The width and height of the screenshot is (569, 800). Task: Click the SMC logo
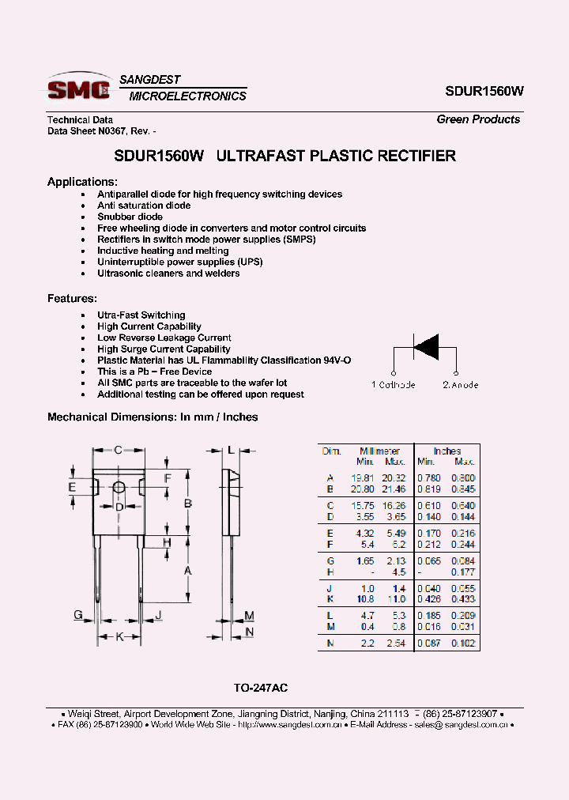[x=79, y=89]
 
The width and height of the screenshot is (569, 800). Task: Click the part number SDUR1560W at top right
[x=484, y=91]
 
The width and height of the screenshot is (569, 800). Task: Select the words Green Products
[x=478, y=119]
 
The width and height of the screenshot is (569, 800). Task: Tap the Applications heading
[x=82, y=182]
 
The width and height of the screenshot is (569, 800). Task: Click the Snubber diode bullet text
[x=130, y=217]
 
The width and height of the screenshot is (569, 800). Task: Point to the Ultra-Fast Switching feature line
[x=141, y=315]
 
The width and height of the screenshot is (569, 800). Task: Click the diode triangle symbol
[x=426, y=347]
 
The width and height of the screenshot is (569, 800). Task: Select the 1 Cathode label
[x=393, y=385]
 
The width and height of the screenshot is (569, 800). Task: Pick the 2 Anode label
[x=460, y=385]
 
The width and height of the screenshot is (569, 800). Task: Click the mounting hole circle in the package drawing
[x=119, y=488]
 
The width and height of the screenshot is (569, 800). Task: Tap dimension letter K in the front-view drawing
[x=119, y=636]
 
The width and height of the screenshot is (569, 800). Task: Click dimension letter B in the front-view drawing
[x=189, y=504]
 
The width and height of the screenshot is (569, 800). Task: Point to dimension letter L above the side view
[x=231, y=450]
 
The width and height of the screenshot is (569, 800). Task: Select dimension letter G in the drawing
[x=78, y=615]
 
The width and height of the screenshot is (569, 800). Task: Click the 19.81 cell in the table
[x=362, y=477]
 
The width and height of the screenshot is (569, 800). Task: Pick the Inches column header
[x=447, y=451]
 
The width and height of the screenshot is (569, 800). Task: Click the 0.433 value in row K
[x=463, y=599]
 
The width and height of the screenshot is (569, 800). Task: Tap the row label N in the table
[x=330, y=643]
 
